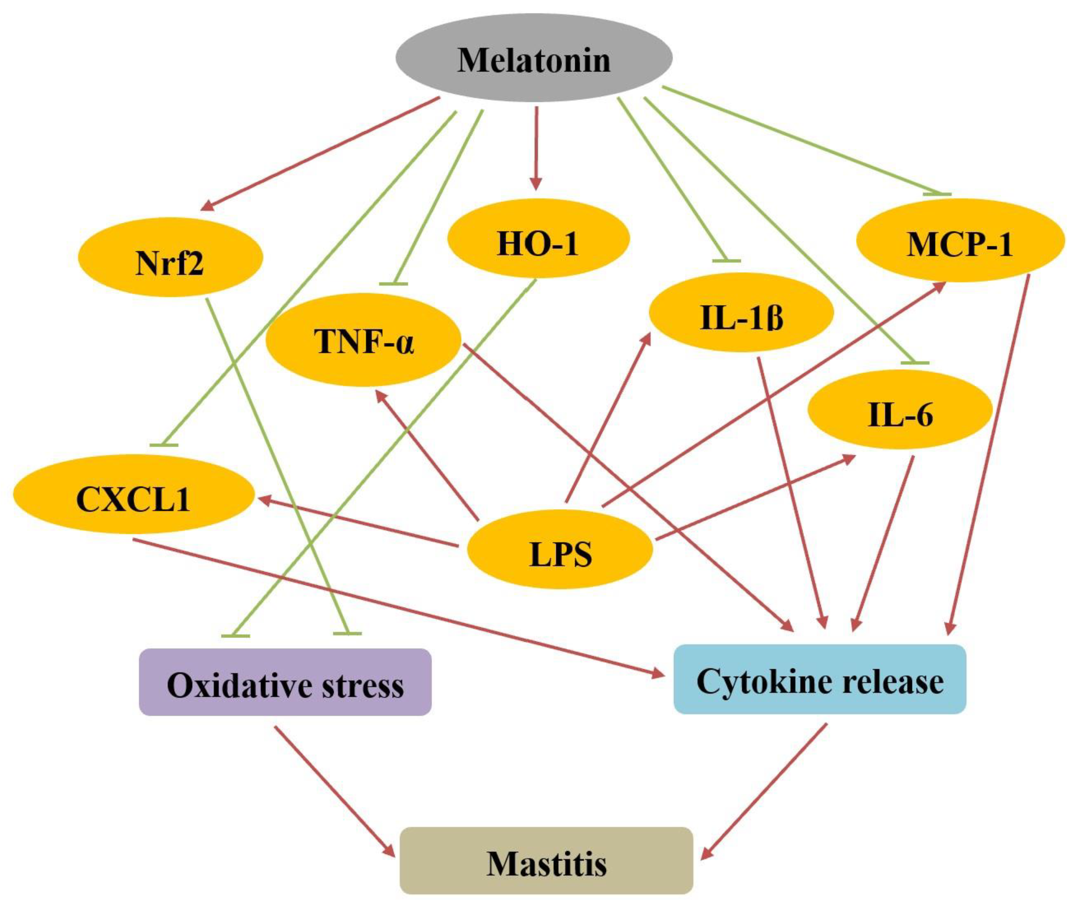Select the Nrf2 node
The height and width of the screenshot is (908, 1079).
pyautogui.click(x=170, y=257)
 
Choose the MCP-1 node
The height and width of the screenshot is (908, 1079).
pyautogui.click(x=960, y=240)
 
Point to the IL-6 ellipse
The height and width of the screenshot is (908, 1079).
pyautogui.click(x=899, y=410)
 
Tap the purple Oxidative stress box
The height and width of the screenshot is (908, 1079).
pyautogui.click(x=285, y=682)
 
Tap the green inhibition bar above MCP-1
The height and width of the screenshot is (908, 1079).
pyautogui.click(x=936, y=194)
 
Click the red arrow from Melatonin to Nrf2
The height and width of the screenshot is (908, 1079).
pyautogui.click(x=319, y=155)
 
